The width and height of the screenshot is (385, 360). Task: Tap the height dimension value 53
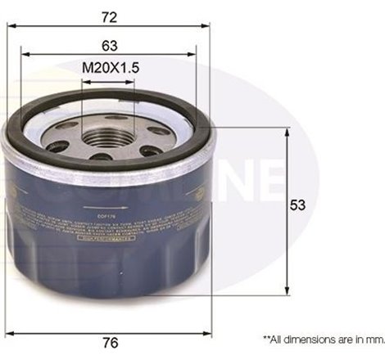pos(302,208)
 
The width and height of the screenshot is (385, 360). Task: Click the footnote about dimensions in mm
pos(323,337)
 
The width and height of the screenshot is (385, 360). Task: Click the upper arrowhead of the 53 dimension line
pos(287,131)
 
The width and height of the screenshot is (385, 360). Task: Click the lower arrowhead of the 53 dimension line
pos(287,291)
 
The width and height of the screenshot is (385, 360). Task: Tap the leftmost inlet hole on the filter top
pos(57,146)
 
